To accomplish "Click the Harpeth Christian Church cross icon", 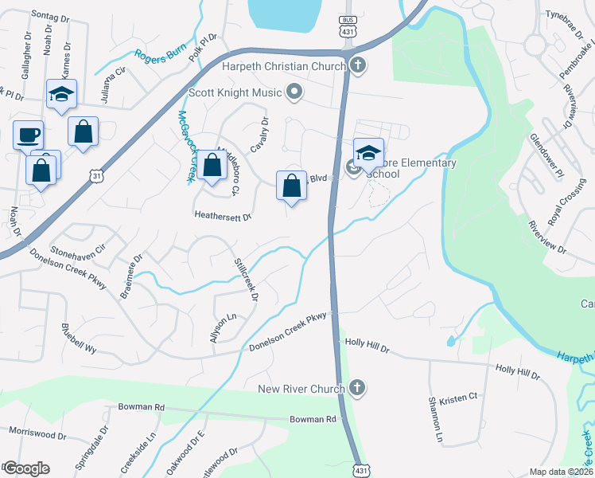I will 358,66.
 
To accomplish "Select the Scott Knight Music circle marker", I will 294,92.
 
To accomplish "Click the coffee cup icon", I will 29,134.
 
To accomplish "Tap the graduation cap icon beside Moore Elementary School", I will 368,152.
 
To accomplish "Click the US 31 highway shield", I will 96,175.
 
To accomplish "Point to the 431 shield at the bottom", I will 362,470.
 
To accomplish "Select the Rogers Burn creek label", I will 158,56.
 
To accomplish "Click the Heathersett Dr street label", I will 223,216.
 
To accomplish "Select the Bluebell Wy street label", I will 80,338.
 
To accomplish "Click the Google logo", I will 25,468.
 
